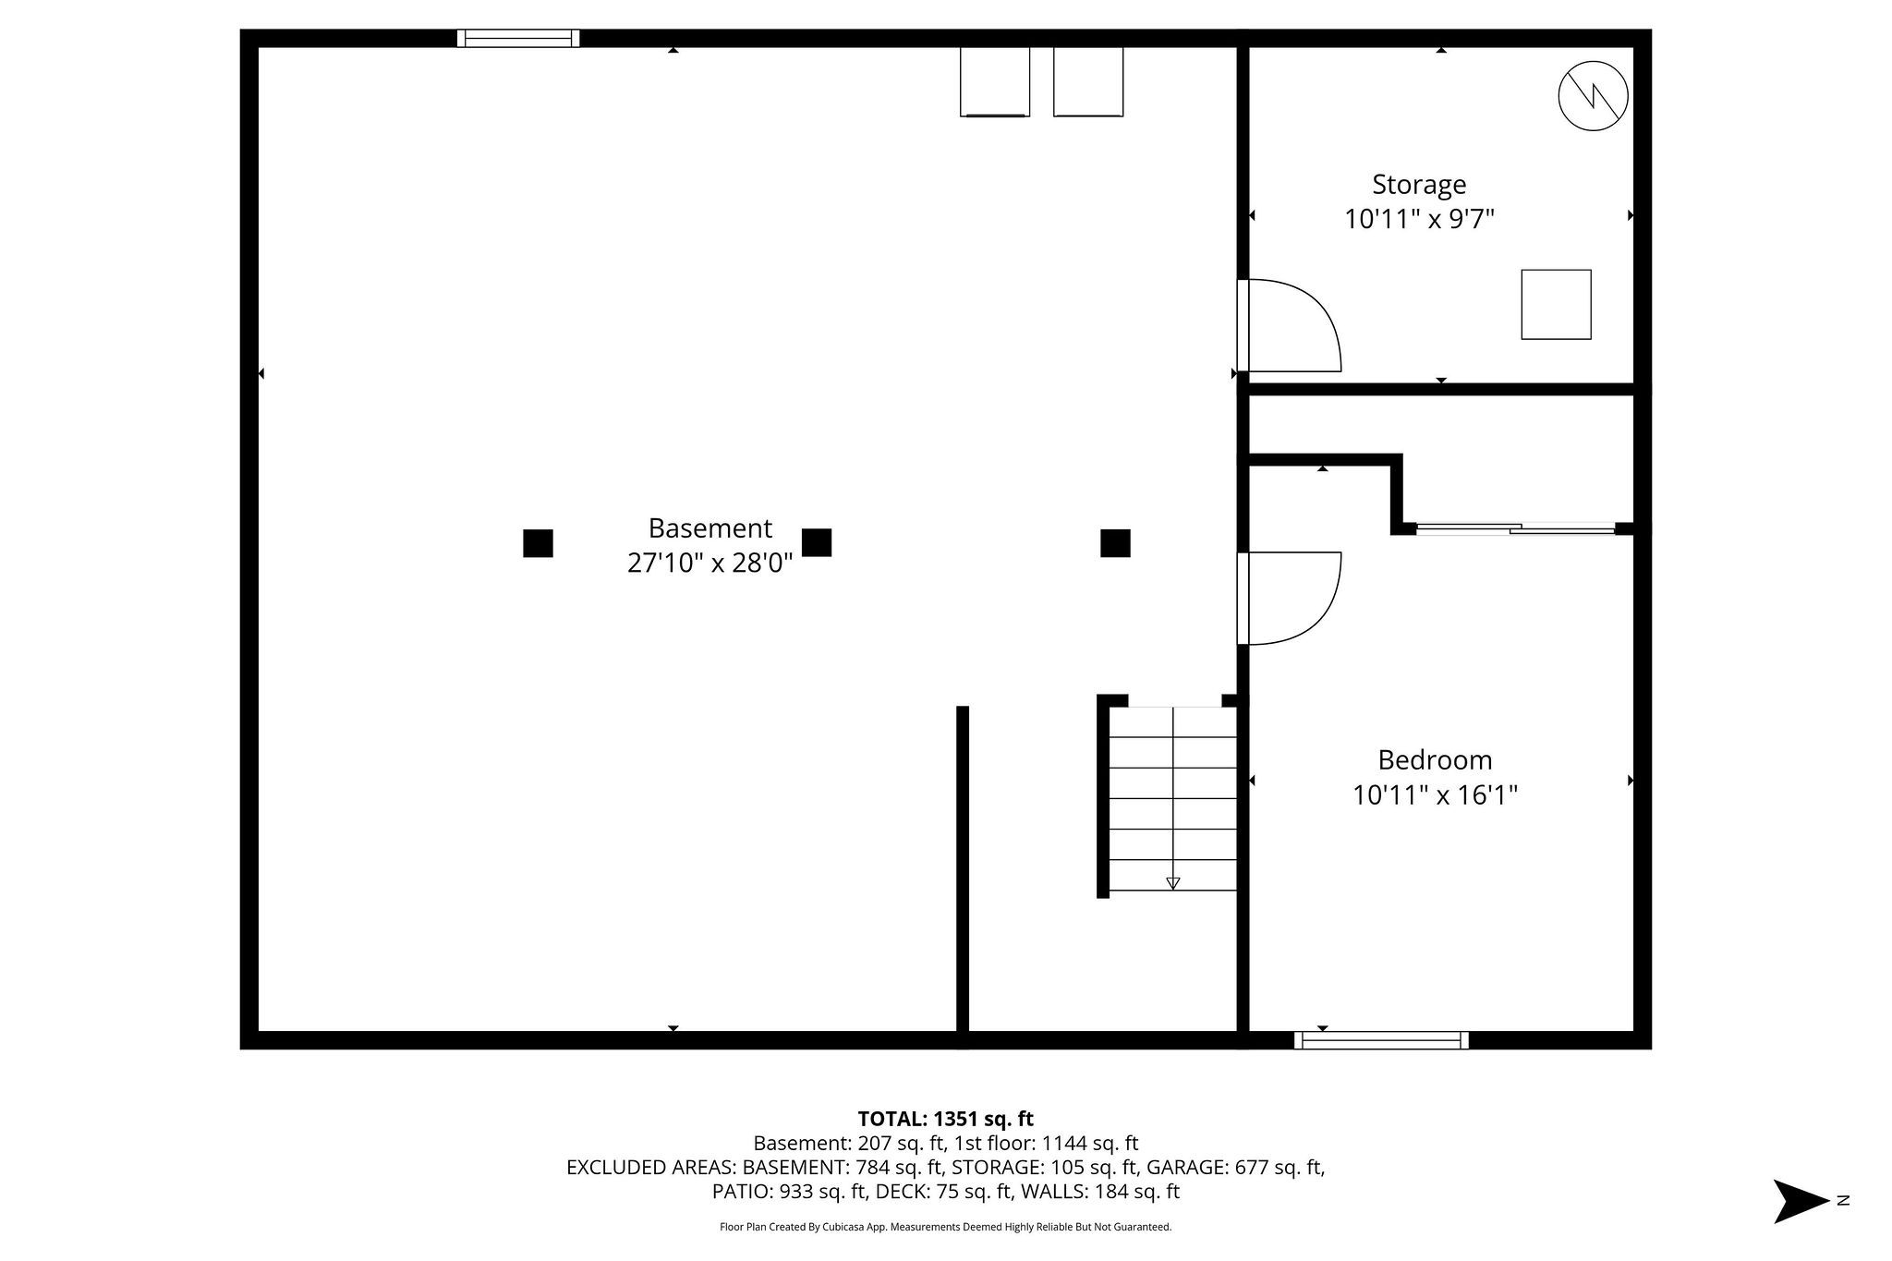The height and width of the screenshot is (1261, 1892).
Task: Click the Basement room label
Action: point(709,528)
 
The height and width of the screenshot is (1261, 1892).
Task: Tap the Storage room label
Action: point(1419,185)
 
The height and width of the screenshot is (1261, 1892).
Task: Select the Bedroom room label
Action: point(1435,760)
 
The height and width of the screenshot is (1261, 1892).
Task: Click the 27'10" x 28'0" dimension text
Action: point(709,563)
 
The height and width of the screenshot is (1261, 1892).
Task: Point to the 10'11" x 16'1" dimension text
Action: point(1435,794)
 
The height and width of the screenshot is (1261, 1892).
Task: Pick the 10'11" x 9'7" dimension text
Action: point(1419,220)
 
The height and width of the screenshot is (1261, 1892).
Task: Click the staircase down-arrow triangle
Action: point(1173,883)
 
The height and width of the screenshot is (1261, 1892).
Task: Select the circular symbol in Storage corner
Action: point(1593,96)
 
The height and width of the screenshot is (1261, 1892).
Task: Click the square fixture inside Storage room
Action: point(1557,304)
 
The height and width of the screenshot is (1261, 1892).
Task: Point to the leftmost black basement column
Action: point(538,543)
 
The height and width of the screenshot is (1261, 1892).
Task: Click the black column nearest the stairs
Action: point(1115,543)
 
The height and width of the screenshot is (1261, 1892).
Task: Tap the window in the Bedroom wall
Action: point(1381,1040)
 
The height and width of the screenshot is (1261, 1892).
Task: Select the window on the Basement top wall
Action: point(518,38)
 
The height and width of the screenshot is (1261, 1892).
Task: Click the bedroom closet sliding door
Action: point(1516,529)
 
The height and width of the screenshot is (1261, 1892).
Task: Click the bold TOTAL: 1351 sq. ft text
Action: point(946,1119)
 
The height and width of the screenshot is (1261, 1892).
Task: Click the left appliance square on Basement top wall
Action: point(995,81)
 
